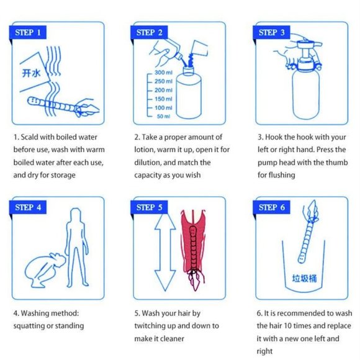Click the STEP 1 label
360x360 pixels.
(x=29, y=32)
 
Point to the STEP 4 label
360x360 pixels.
(x=29, y=207)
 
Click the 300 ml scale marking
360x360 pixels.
(x=163, y=73)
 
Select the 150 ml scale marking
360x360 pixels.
(x=163, y=99)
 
